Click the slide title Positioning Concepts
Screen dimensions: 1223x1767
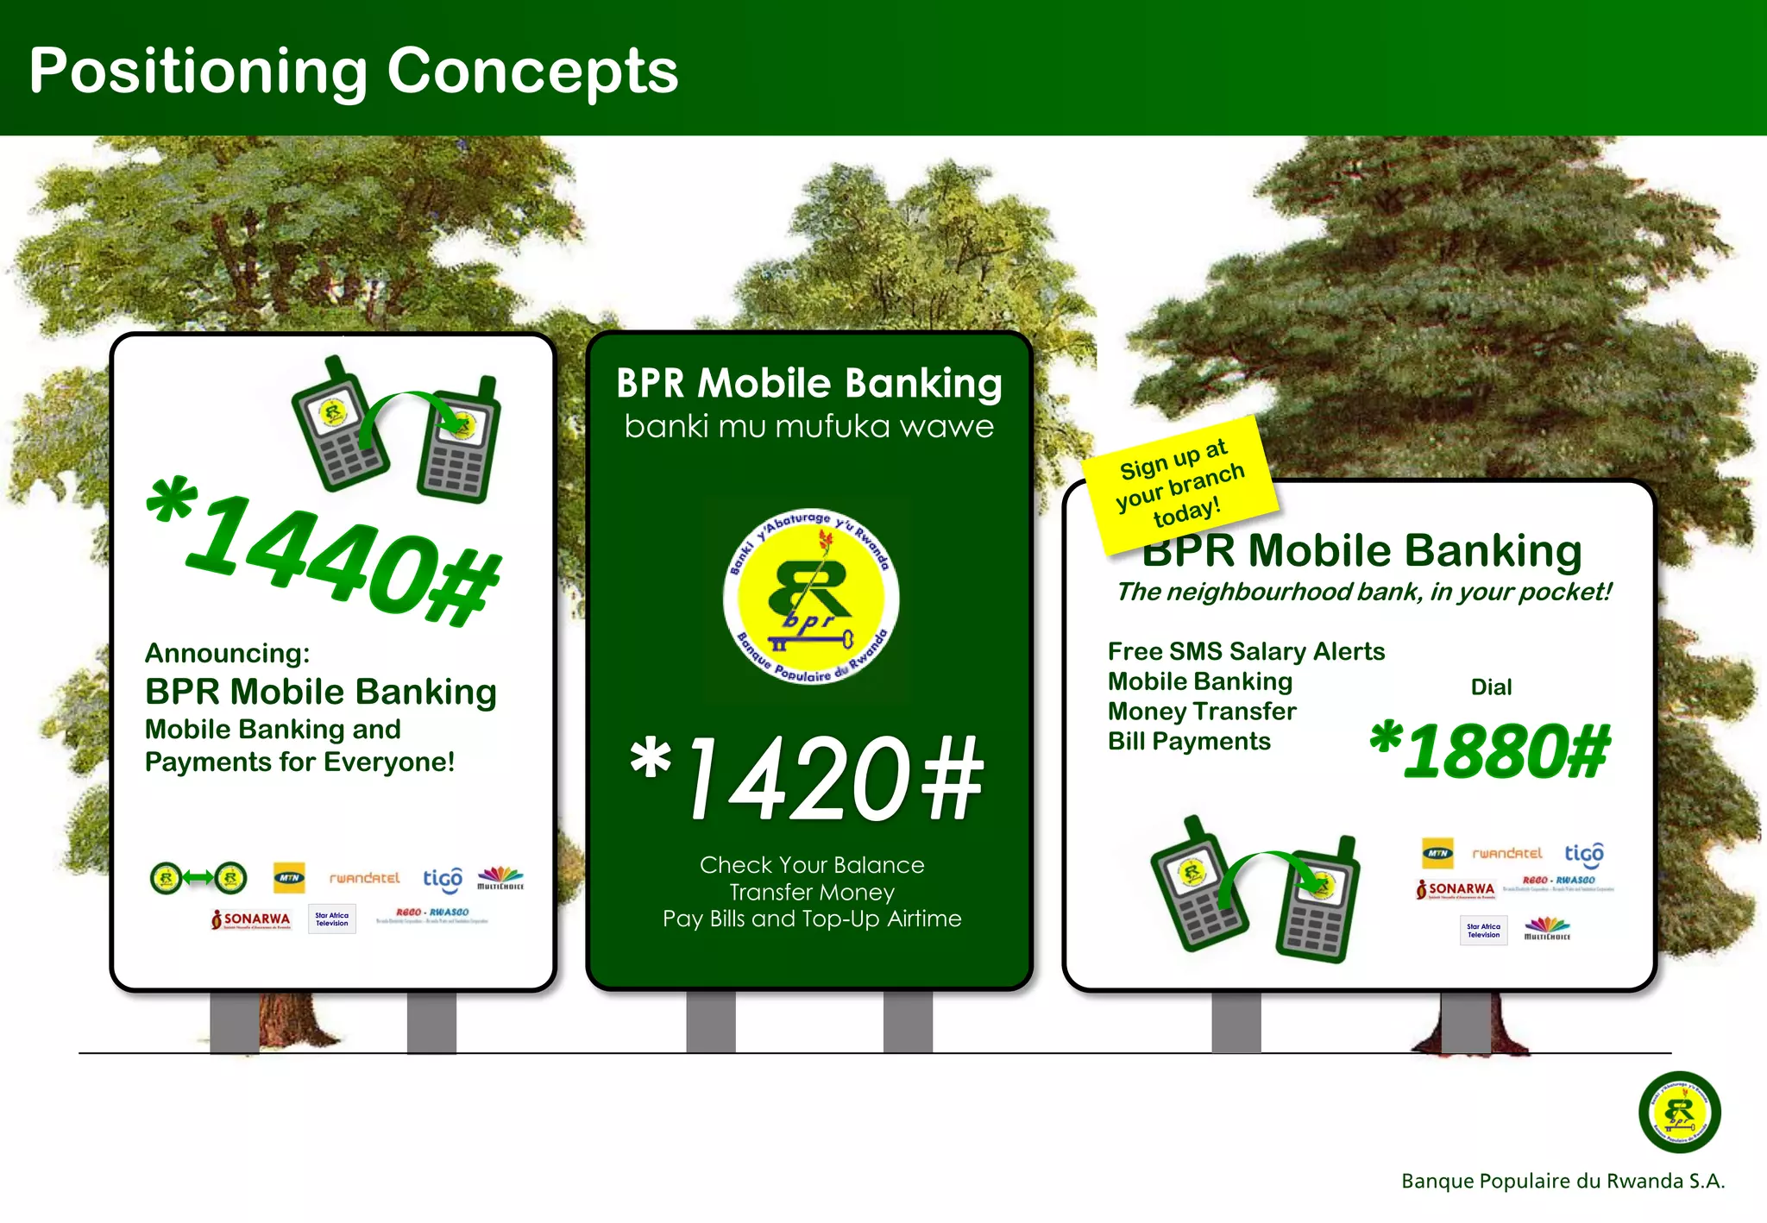(x=354, y=71)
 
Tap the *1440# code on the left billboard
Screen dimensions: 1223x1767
(x=324, y=552)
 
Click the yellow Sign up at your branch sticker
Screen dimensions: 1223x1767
(x=1179, y=484)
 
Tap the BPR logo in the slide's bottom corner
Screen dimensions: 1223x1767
(x=1679, y=1112)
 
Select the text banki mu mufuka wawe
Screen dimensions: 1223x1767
(x=808, y=427)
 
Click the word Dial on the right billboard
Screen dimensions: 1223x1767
(x=1491, y=687)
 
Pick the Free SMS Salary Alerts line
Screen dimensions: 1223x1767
(x=1246, y=651)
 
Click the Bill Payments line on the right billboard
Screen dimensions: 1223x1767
(x=1189, y=742)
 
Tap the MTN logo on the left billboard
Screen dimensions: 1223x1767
(x=289, y=877)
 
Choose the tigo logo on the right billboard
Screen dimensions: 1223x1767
(x=1584, y=853)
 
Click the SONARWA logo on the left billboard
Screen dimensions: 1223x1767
(x=251, y=919)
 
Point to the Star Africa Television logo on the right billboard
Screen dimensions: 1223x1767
(x=1483, y=931)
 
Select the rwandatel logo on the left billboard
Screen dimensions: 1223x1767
(x=364, y=878)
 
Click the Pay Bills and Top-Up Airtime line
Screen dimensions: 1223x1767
(x=812, y=919)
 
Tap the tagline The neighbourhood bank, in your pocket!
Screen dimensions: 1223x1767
(x=1363, y=592)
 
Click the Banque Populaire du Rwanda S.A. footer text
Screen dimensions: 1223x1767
(x=1563, y=1181)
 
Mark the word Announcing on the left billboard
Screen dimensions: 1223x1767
(x=227, y=653)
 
